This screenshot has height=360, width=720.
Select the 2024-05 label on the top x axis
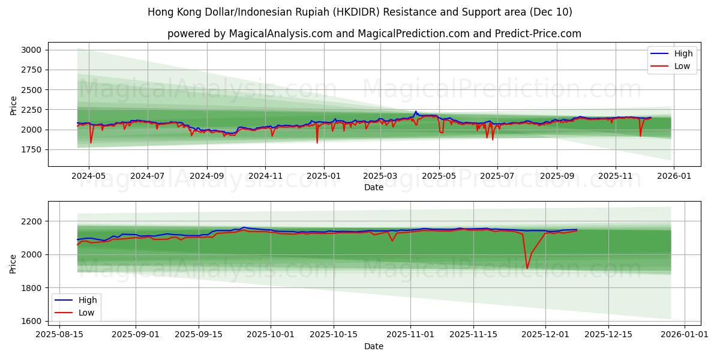(x=89, y=177)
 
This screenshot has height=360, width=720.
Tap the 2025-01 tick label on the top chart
(x=324, y=177)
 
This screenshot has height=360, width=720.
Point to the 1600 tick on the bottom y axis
(x=31, y=321)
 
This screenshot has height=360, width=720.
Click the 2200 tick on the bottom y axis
(x=31, y=221)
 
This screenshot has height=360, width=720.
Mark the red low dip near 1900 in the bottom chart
(x=527, y=268)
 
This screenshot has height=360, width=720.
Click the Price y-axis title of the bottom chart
(x=13, y=263)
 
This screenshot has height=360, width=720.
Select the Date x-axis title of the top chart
(x=374, y=187)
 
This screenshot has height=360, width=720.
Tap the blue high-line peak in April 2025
(x=415, y=111)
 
